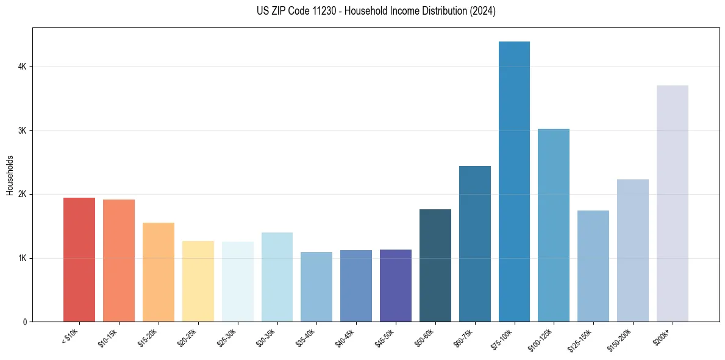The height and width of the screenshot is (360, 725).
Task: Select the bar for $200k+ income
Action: click(672, 204)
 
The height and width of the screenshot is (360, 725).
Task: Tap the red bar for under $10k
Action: click(79, 260)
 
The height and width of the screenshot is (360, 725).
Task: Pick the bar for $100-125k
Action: click(554, 225)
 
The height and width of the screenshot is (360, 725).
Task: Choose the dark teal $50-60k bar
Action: click(435, 265)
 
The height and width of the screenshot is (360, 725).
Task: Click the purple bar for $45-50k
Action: click(396, 286)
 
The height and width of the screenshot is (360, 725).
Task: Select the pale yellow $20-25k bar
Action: click(198, 281)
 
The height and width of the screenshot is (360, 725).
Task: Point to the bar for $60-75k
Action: click(475, 244)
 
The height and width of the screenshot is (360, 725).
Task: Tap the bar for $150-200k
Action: click(633, 251)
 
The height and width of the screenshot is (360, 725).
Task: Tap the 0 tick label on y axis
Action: click(24, 322)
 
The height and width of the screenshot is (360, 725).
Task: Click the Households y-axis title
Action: click(10, 175)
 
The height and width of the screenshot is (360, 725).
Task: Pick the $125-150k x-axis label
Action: click(584, 337)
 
